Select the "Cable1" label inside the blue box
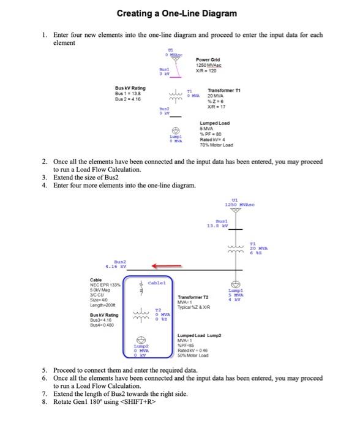tap(158, 283)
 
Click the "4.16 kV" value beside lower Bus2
tap(115, 267)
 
